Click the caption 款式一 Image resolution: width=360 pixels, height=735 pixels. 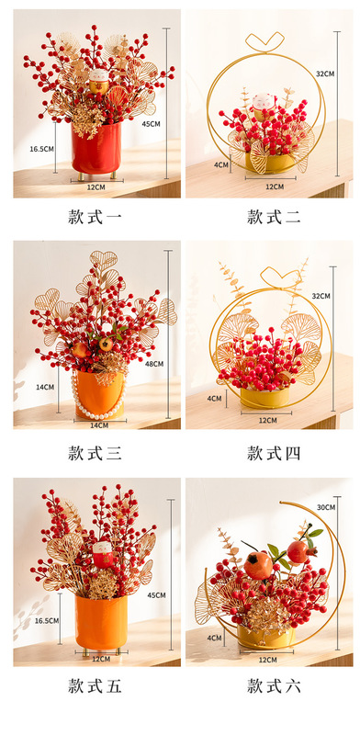coord(96,217)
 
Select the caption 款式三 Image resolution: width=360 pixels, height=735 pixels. coord(96,452)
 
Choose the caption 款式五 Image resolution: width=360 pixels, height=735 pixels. coord(96,685)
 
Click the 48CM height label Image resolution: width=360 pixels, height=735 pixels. coord(154,364)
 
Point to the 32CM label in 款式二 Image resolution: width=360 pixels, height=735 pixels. coord(324,73)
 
